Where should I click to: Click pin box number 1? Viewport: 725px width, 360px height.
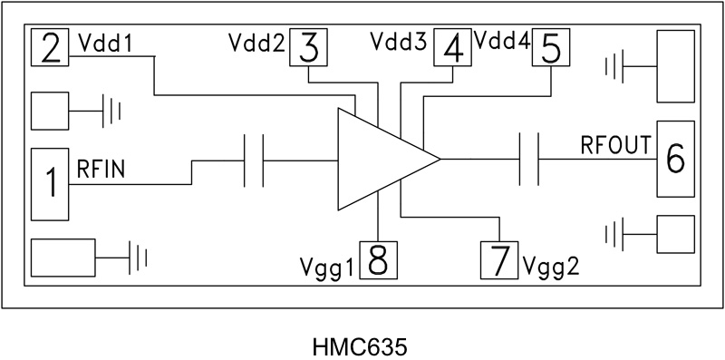51,183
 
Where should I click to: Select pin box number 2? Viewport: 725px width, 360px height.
51,47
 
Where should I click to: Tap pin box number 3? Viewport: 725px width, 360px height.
309,47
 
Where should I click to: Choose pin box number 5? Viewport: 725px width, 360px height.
549,47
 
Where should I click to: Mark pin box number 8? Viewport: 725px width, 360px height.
378,261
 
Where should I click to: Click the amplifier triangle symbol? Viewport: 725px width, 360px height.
381,160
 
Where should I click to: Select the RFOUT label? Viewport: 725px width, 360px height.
615,144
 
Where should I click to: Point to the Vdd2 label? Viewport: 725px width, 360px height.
256,45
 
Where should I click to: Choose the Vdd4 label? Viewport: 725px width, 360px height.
502,42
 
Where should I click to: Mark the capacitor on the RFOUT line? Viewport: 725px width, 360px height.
528,160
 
